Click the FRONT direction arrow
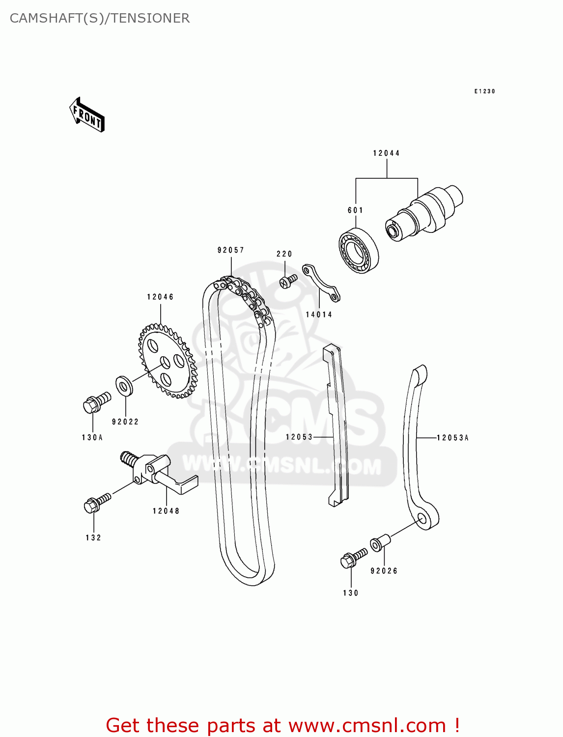coord(87,115)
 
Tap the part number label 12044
coord(386,153)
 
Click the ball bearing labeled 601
coord(359,251)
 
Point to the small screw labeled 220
coord(288,281)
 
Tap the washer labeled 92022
coord(124,386)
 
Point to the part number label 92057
coord(231,250)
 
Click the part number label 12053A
coord(452,438)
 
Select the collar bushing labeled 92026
coord(380,543)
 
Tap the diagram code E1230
coord(484,91)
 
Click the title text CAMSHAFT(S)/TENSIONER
coord(100,18)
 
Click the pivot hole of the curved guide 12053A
coord(423,518)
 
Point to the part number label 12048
coord(166,511)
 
